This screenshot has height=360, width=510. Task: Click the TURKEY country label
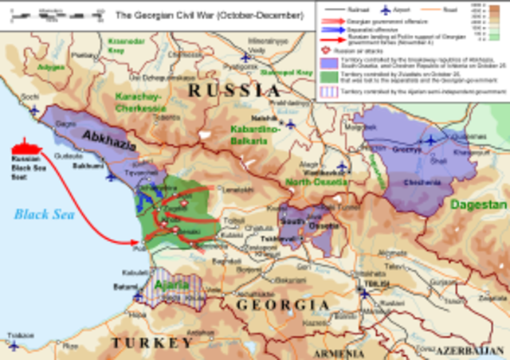tap(151, 342)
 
